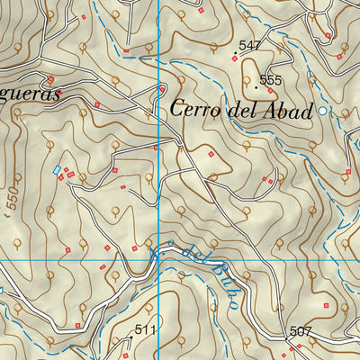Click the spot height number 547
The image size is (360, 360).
249,45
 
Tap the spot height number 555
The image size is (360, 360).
270,80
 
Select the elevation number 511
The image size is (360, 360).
146,330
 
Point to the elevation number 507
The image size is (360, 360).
301,331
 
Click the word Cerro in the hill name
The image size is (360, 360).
195,109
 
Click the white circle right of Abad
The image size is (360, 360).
323,111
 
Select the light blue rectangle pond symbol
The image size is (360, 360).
58,169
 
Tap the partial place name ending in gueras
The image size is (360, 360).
30,94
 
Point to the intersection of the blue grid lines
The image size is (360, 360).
158,260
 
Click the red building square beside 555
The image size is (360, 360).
270,90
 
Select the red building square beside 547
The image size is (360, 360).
235,58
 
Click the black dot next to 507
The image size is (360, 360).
289,339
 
